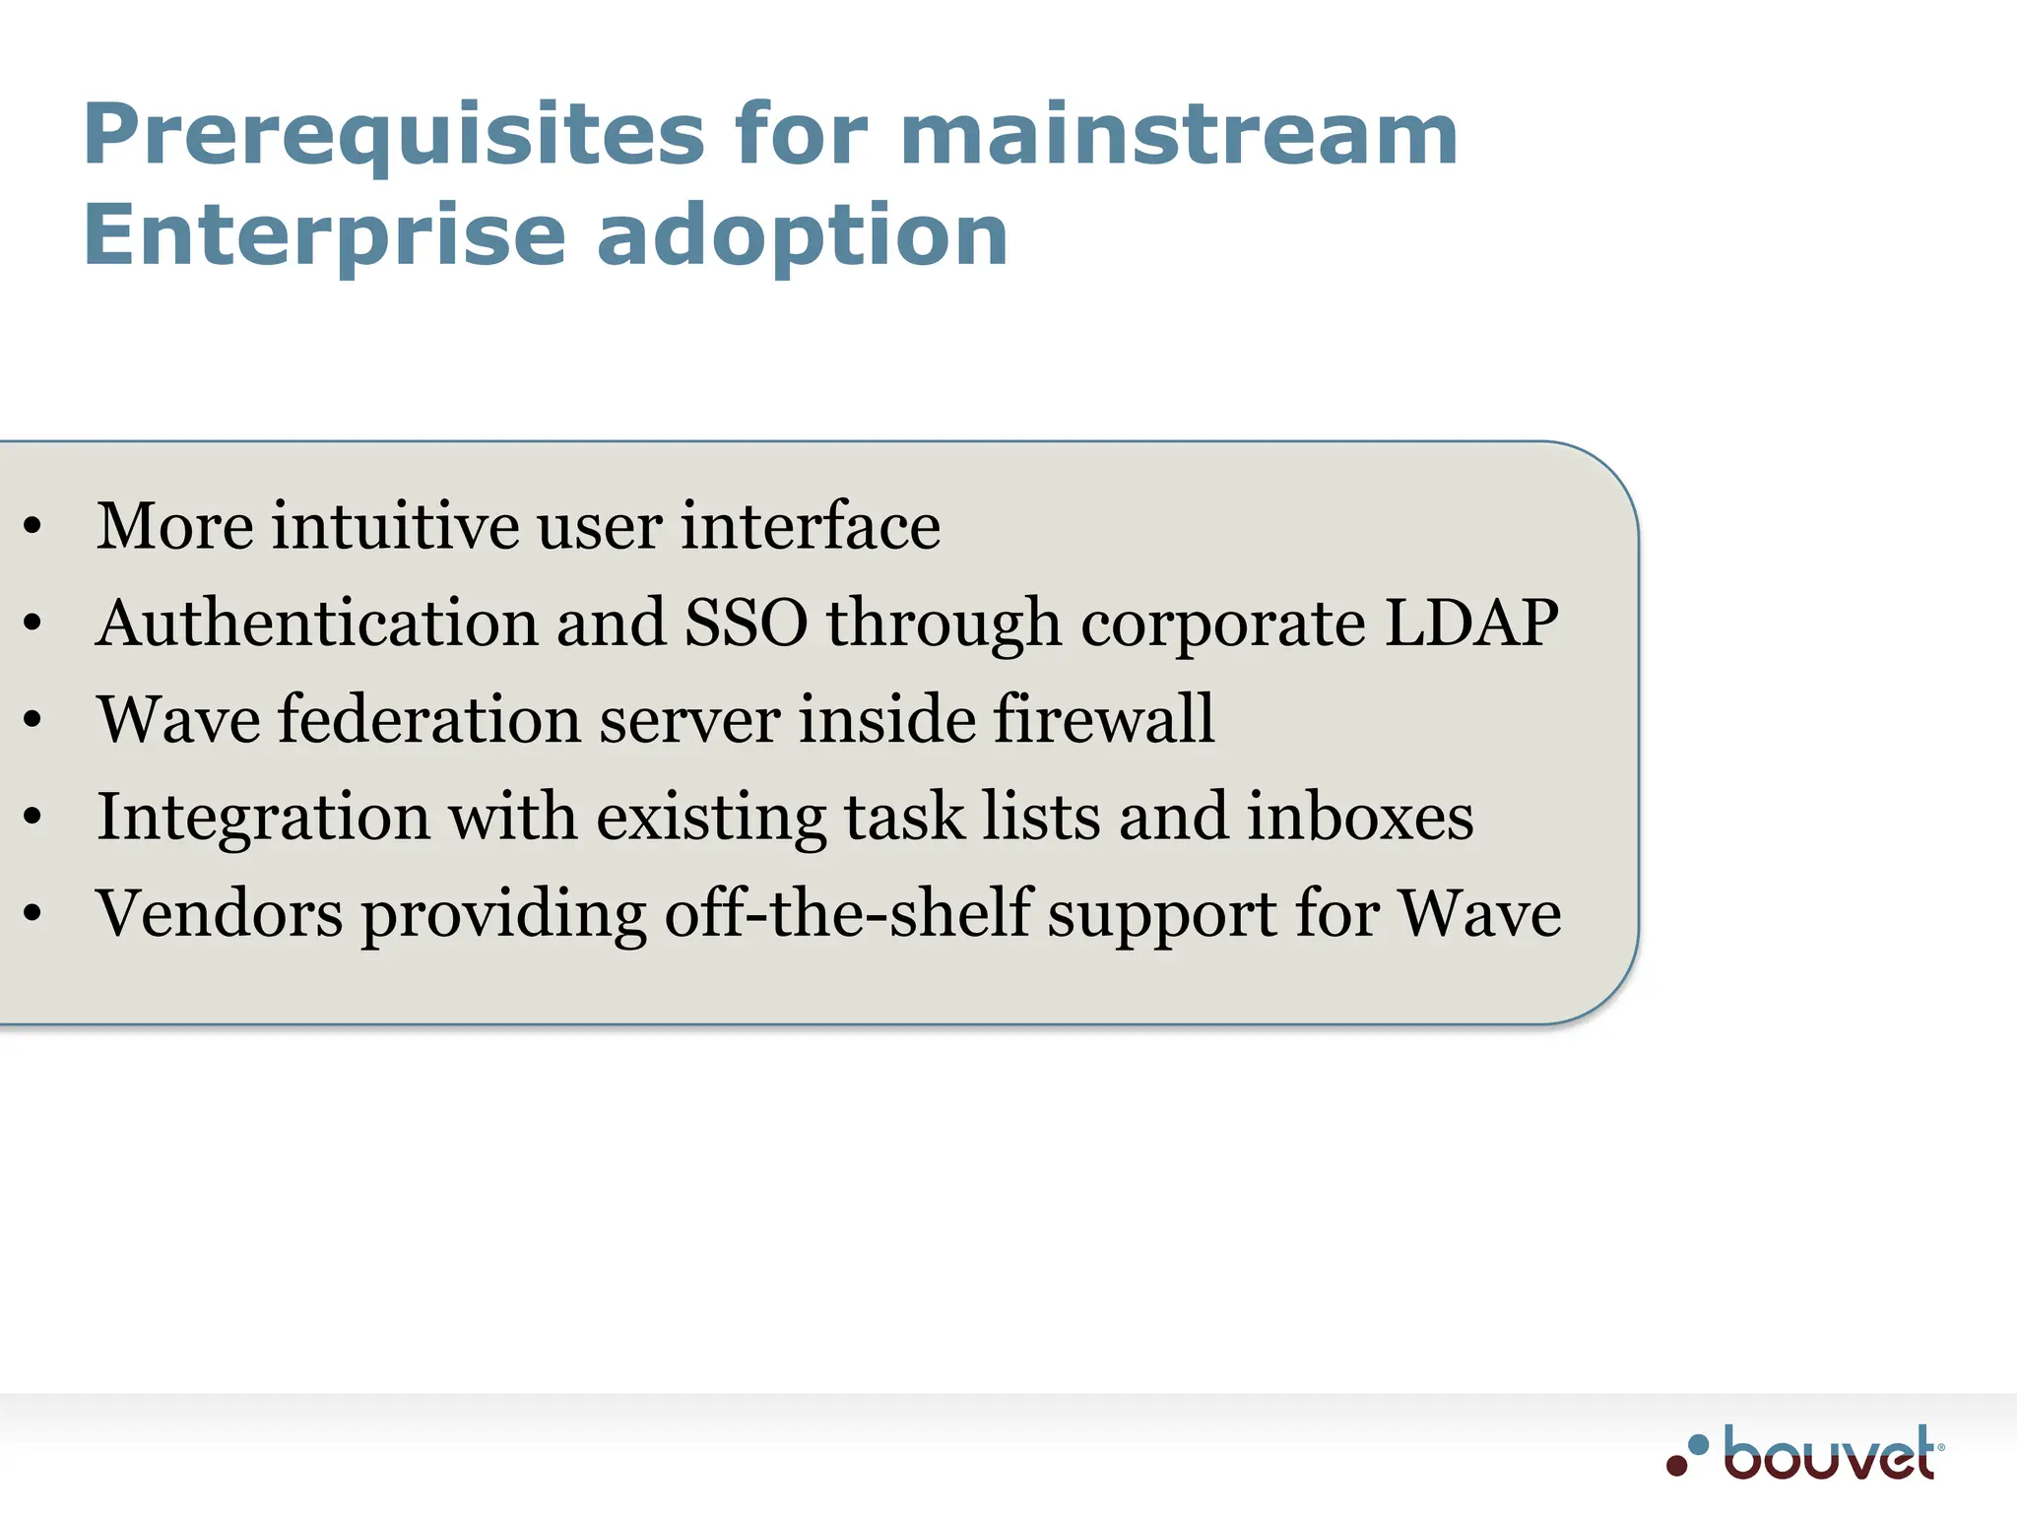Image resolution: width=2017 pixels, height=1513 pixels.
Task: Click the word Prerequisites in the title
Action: (x=394, y=136)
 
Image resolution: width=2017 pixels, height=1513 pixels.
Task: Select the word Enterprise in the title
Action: (x=325, y=236)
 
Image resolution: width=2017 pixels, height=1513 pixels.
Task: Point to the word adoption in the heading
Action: (x=802, y=236)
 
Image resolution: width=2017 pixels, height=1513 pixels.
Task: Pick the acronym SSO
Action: (x=746, y=623)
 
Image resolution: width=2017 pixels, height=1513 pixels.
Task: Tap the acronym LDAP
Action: (x=1470, y=623)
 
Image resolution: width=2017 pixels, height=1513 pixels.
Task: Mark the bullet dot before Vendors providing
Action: (x=33, y=914)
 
